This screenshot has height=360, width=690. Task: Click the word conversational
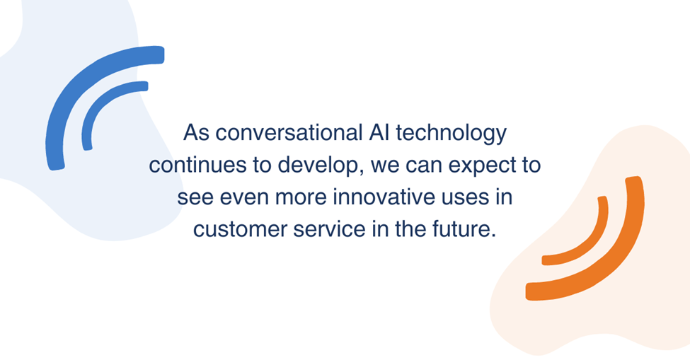[x=289, y=132]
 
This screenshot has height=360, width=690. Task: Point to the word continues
[x=197, y=166]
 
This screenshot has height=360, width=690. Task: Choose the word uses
[x=463, y=198]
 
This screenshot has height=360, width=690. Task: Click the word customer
[x=241, y=230]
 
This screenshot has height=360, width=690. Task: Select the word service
[x=329, y=229]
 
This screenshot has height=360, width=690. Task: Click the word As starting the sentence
[x=196, y=132]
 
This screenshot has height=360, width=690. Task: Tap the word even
[x=244, y=198]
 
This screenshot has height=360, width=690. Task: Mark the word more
[x=301, y=198]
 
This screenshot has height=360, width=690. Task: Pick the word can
[x=424, y=167]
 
